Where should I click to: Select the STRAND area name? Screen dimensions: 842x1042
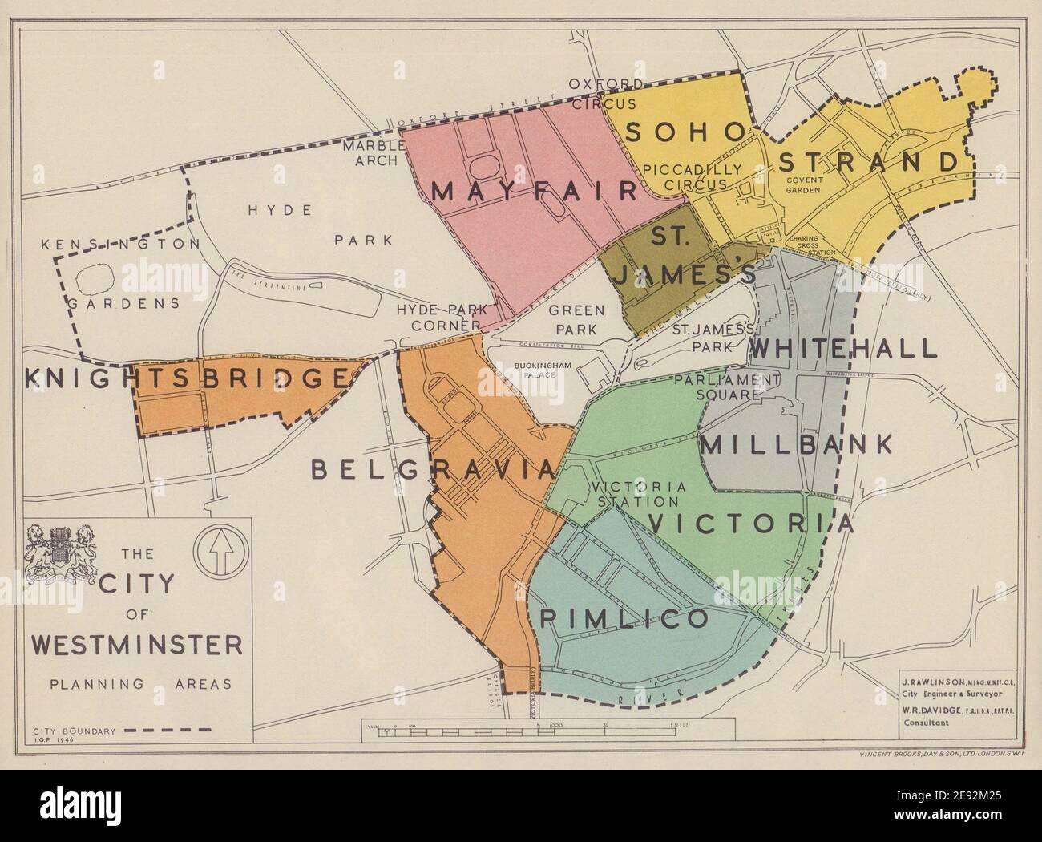(x=868, y=161)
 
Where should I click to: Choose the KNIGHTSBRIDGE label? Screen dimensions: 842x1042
(x=186, y=378)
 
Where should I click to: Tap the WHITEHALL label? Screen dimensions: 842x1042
(x=843, y=349)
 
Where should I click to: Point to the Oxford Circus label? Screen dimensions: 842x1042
(x=605, y=94)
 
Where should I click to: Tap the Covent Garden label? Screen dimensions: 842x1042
(x=805, y=185)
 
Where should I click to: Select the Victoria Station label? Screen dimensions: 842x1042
(x=639, y=494)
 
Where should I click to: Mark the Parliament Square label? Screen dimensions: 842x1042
(x=727, y=387)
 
